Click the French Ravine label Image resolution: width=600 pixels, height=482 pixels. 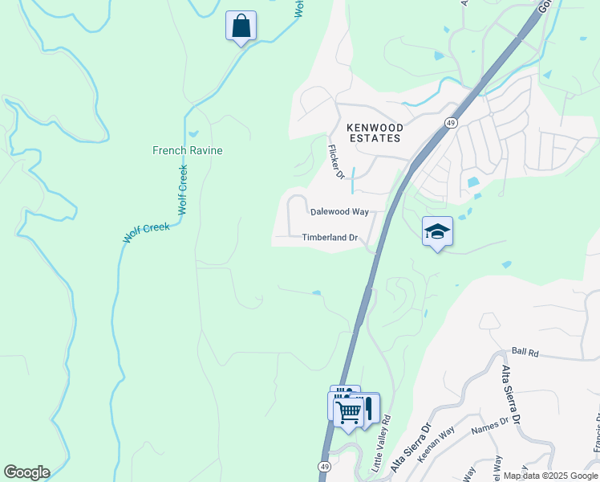click(x=188, y=150)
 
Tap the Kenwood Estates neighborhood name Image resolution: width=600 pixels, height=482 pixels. click(x=373, y=133)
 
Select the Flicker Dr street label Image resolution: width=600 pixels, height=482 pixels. click(x=335, y=161)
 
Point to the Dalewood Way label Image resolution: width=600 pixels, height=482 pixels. click(x=339, y=212)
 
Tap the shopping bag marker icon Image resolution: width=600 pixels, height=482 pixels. click(x=241, y=26)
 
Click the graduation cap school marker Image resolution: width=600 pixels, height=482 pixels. click(x=437, y=231)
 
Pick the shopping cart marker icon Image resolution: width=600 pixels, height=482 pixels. click(x=349, y=412)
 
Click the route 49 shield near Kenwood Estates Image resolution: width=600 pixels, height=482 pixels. click(x=452, y=121)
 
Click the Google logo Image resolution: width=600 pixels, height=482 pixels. click(x=26, y=472)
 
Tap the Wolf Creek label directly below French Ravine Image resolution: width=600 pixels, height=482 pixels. click(x=182, y=190)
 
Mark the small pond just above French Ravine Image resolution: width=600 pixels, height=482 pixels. click(x=193, y=134)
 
